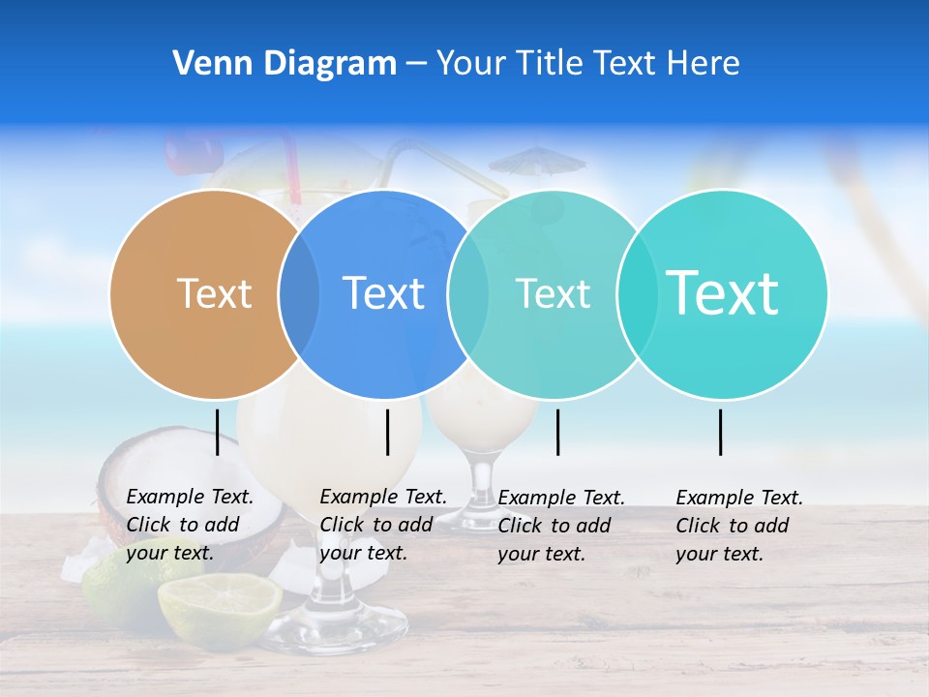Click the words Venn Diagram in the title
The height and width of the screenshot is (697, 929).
point(285,64)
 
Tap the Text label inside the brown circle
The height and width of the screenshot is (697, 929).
point(214,293)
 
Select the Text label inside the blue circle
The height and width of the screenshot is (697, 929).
point(383,293)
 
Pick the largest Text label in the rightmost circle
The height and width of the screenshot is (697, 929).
point(722,292)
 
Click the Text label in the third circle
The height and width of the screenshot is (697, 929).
point(553,293)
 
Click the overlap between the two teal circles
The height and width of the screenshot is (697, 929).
point(636,294)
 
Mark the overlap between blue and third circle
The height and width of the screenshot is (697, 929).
point(468,294)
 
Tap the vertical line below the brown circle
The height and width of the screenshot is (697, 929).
point(218,432)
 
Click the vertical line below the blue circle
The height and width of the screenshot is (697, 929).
point(387,432)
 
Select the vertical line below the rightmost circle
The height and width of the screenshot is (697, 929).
point(721,432)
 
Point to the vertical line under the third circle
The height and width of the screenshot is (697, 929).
point(557,432)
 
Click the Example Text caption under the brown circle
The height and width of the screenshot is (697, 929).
point(190,525)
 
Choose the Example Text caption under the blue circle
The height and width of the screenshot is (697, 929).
point(383,525)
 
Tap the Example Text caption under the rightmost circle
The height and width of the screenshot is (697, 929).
point(739,525)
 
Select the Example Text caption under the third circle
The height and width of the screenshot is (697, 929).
point(561,525)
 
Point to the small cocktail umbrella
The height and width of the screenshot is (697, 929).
point(536,161)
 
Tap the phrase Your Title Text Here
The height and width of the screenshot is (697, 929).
point(587,64)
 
